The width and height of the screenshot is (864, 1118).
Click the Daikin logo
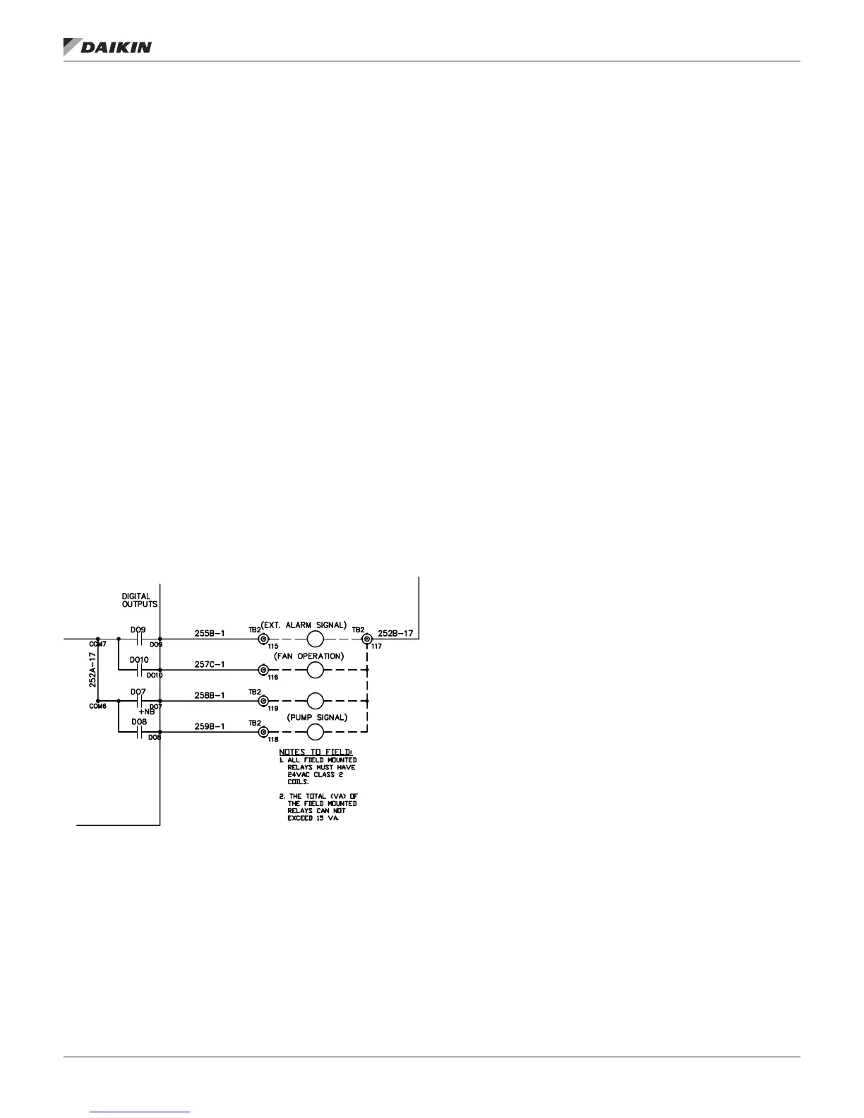tap(107, 47)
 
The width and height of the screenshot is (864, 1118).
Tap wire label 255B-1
tap(210, 633)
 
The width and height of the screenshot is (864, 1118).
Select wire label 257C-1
tap(210, 664)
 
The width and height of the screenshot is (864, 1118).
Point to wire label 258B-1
tap(210, 695)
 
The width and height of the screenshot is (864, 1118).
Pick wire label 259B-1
tap(210, 726)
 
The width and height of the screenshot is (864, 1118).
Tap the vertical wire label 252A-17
tap(92, 671)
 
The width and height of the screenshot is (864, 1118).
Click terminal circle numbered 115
tap(263, 639)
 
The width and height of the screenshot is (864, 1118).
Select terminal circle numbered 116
tap(263, 670)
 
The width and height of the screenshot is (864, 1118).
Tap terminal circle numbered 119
tap(263, 701)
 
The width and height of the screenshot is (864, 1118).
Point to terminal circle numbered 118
tap(263, 732)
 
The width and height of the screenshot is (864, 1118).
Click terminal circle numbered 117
tap(366, 639)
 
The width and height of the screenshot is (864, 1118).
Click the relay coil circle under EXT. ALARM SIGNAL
tap(315, 639)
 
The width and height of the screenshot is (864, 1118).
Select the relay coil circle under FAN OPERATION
tap(315, 670)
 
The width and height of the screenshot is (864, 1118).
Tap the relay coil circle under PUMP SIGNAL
tap(315, 732)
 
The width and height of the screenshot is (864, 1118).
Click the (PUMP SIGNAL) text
tap(317, 717)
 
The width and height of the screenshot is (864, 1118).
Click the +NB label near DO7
tap(146, 711)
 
